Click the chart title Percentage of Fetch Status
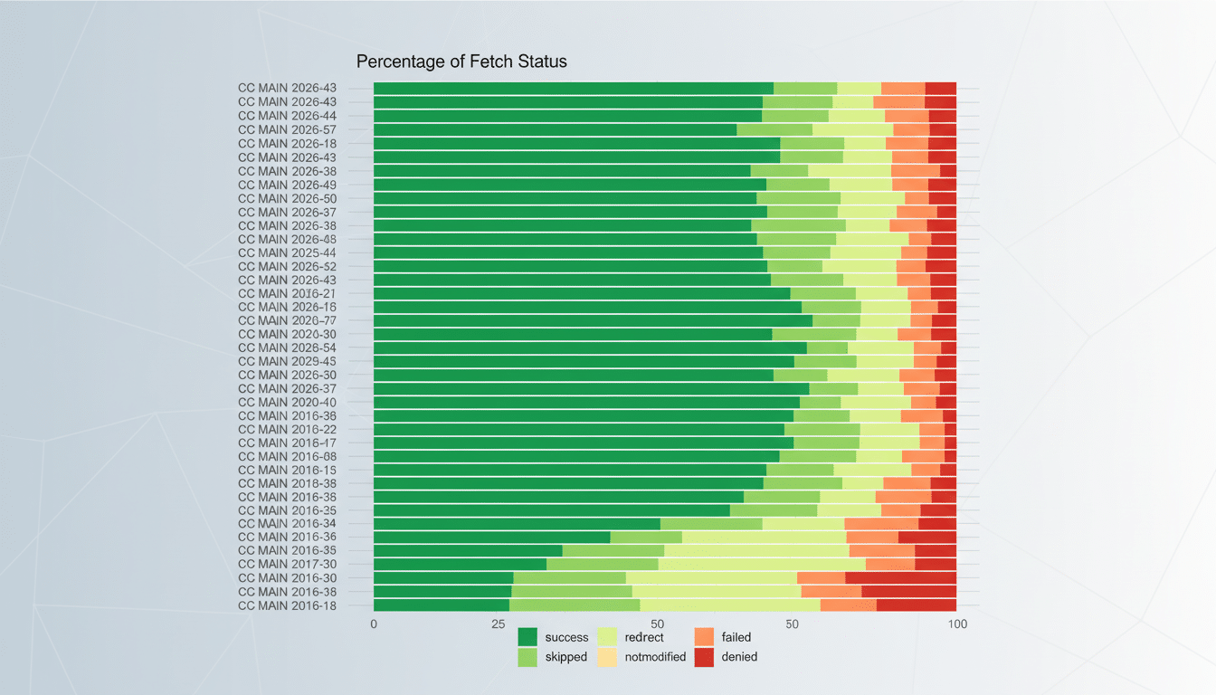point(461,62)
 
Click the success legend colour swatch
point(527,637)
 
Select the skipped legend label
point(566,657)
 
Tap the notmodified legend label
point(655,657)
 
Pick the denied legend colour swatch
point(704,657)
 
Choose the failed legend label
point(736,637)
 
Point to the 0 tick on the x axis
point(374,624)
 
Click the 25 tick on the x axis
point(499,624)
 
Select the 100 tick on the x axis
point(956,624)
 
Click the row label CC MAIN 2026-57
point(287,129)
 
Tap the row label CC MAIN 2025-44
point(287,252)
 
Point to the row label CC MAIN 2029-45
point(287,361)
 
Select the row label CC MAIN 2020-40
point(287,402)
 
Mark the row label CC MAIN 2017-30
point(287,564)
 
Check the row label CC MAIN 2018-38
point(287,483)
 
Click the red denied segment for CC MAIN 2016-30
point(900,577)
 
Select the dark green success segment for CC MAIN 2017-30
point(460,564)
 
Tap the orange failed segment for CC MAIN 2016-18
point(848,605)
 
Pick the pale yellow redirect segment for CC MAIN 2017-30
point(761,564)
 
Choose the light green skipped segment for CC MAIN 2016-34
point(711,523)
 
